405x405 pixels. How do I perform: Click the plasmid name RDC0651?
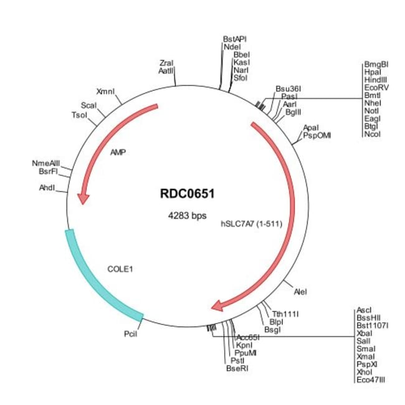(x=188, y=194)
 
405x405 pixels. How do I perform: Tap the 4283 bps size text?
(x=188, y=216)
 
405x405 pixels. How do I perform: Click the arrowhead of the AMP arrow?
(x=83, y=199)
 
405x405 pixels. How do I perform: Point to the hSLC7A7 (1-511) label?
(x=252, y=224)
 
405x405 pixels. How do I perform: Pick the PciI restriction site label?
(x=130, y=334)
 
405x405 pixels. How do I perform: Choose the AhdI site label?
(x=47, y=188)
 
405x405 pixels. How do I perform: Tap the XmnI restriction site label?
(x=105, y=92)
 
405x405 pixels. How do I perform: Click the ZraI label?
(x=166, y=63)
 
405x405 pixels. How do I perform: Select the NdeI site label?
(x=232, y=47)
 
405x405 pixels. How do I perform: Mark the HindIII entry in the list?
(x=376, y=80)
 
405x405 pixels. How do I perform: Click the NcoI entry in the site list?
(x=372, y=135)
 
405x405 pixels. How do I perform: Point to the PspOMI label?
(x=317, y=135)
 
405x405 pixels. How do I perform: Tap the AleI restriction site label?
(x=300, y=292)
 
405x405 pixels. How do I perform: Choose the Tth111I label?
(x=285, y=314)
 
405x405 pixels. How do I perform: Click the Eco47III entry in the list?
(x=371, y=380)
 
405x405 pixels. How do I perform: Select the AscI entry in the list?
(x=364, y=310)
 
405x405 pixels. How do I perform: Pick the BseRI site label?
(x=237, y=368)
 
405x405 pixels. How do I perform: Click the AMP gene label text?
(x=118, y=153)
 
